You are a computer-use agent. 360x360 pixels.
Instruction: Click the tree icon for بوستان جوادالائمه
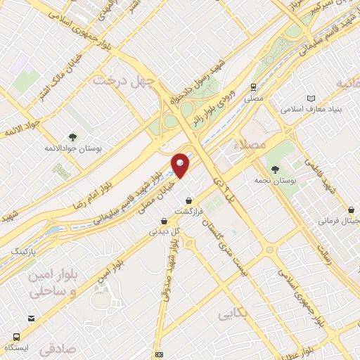coord(72,136)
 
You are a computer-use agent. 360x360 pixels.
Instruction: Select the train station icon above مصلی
coord(252,86)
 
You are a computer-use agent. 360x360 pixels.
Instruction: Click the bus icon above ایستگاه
coord(30,319)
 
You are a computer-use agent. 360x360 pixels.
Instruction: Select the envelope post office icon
coord(160,354)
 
